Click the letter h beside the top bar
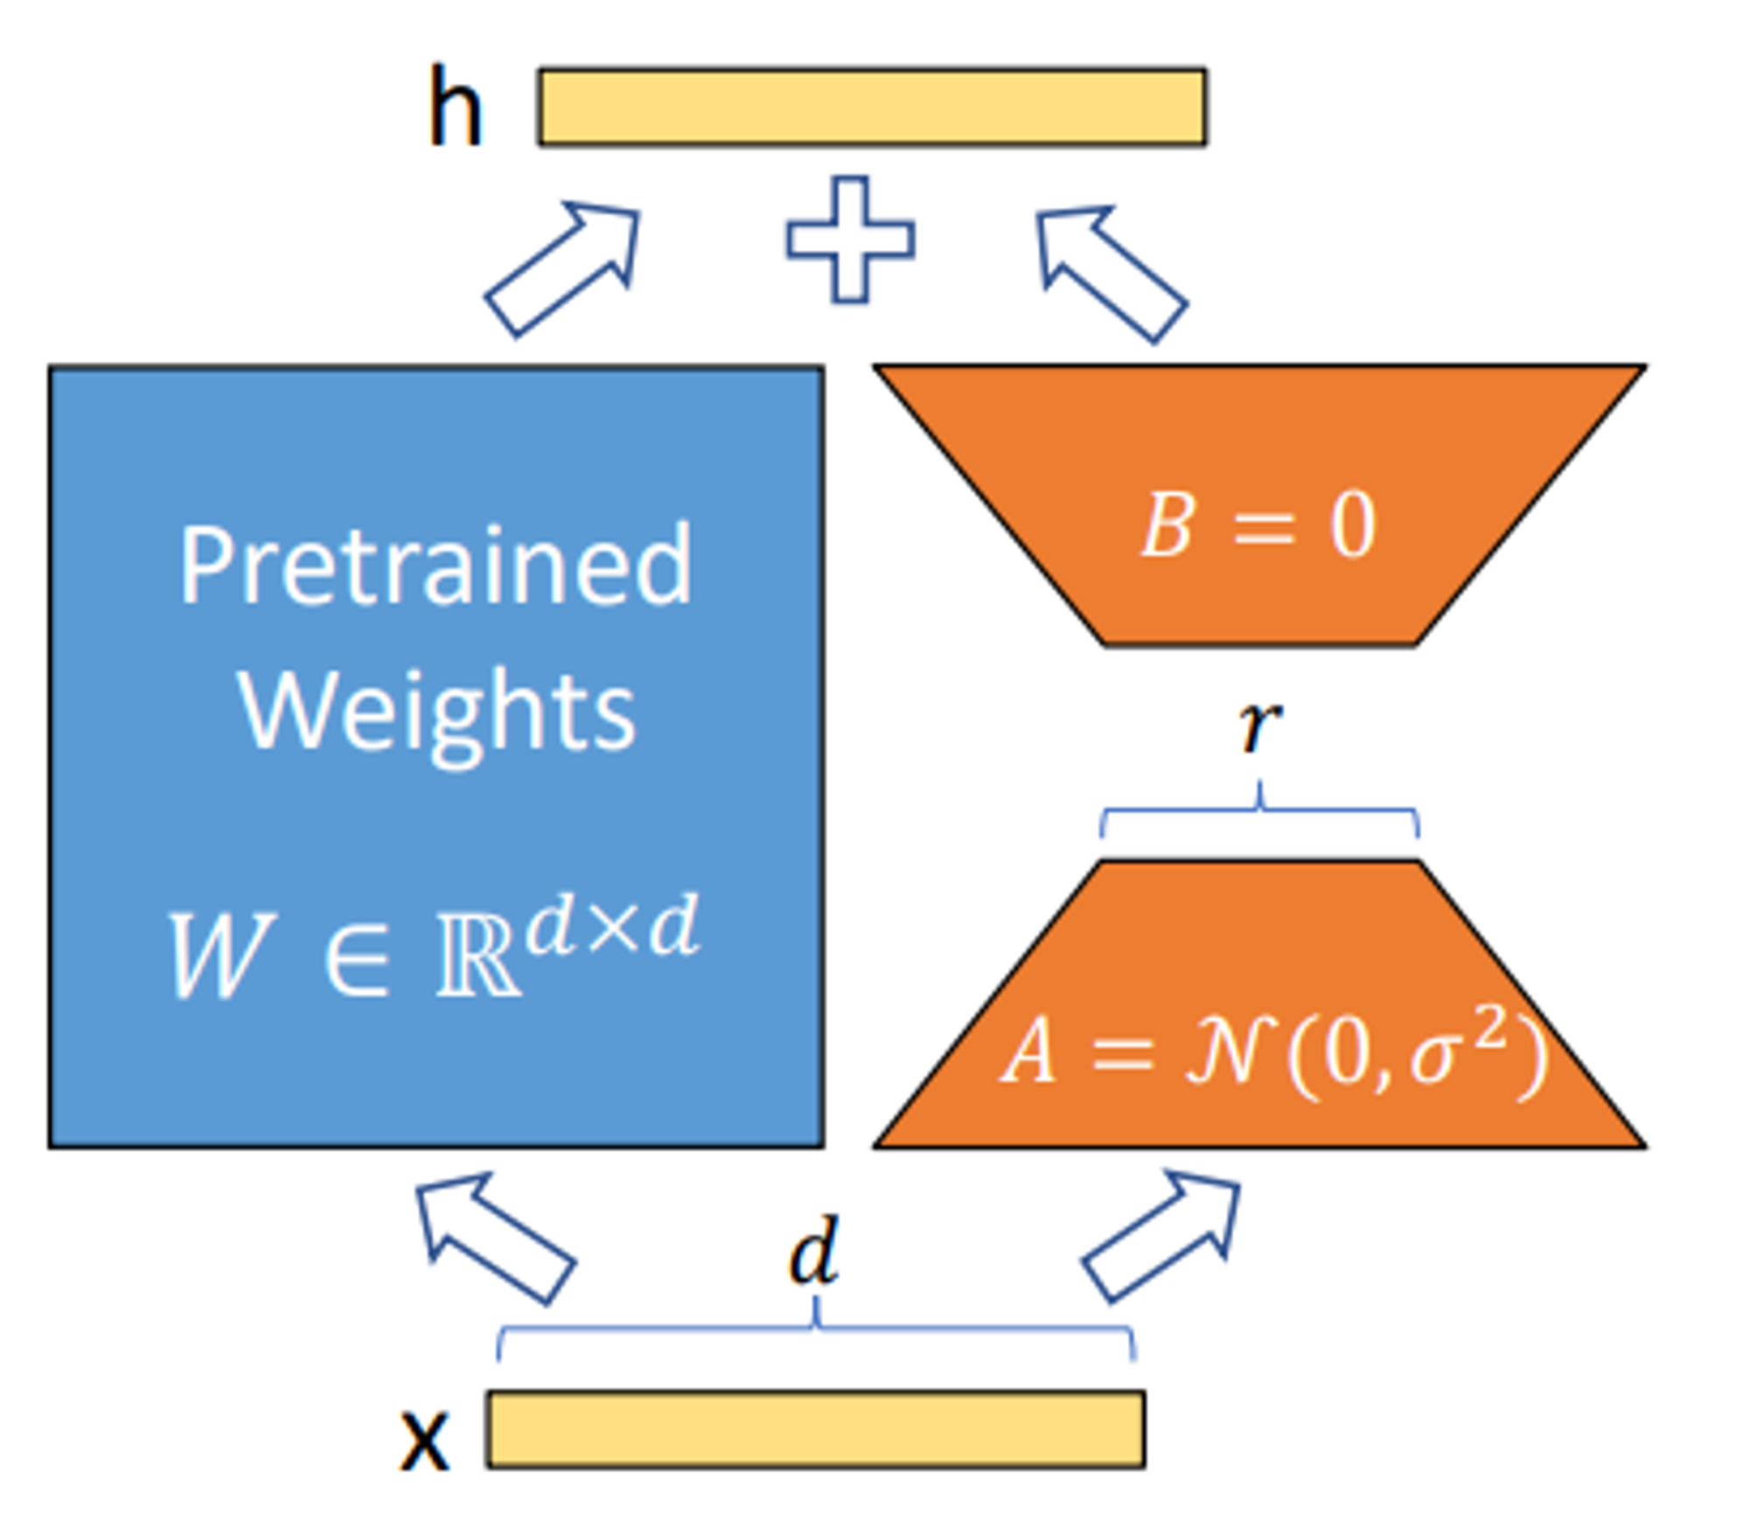455,108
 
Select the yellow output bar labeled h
872,107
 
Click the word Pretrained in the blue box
436,566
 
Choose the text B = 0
1259,525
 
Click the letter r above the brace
1259,725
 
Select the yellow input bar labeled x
816,1430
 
